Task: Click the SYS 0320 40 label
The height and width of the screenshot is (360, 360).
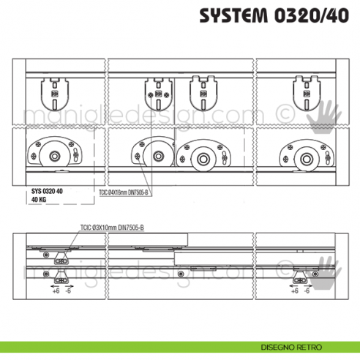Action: point(47,190)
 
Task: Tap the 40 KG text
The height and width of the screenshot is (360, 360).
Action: point(40,198)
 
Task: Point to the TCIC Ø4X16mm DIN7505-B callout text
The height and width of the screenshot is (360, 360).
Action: point(123,193)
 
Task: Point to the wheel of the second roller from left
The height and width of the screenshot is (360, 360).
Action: point(157,156)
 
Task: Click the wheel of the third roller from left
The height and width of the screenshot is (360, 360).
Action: point(199,156)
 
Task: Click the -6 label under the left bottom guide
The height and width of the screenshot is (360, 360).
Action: point(69,290)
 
